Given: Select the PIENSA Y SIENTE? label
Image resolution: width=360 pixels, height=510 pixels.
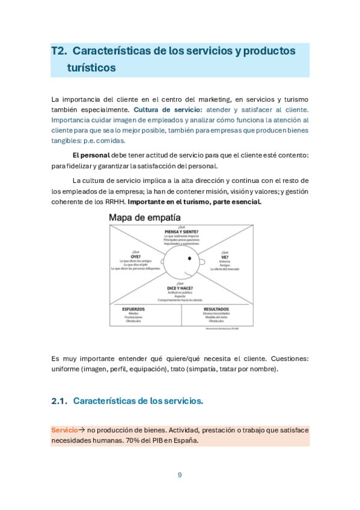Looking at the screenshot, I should coord(182,232).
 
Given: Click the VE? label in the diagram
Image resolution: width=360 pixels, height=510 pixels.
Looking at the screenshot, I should coord(224,257).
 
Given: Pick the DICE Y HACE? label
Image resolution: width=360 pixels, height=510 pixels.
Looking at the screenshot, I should coord(181,287).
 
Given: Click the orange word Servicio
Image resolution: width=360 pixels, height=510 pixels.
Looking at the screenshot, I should coord(64,430).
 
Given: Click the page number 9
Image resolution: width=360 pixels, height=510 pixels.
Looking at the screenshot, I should coord(180,475).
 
